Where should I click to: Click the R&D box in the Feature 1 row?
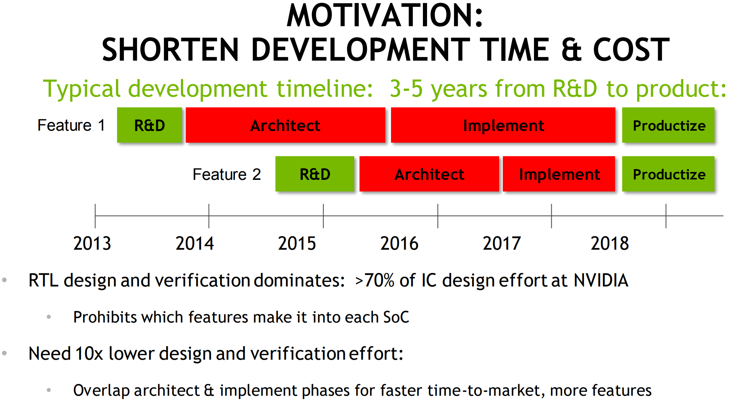click(x=149, y=125)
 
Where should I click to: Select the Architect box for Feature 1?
click(x=286, y=125)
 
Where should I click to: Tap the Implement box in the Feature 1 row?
click(x=503, y=125)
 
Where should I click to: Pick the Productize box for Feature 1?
click(x=668, y=125)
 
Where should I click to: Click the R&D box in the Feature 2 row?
click(x=315, y=174)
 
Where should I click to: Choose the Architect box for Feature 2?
click(x=429, y=174)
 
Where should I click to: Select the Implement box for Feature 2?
click(x=559, y=174)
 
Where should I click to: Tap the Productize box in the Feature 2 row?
click(x=668, y=174)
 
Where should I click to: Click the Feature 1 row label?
click(x=71, y=125)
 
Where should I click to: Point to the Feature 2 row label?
click(x=227, y=174)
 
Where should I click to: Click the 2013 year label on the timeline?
click(x=92, y=243)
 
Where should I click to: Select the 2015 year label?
click(x=297, y=243)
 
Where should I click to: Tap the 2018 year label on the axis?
click(x=610, y=243)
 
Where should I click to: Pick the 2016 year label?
click(x=399, y=243)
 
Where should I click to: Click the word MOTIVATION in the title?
click(x=385, y=16)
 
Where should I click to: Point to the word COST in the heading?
click(x=631, y=50)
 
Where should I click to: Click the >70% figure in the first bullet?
click(x=375, y=280)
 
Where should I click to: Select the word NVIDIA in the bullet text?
click(x=601, y=280)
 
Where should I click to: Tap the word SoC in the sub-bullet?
click(x=396, y=317)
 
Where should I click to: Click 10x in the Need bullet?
click(x=89, y=354)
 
